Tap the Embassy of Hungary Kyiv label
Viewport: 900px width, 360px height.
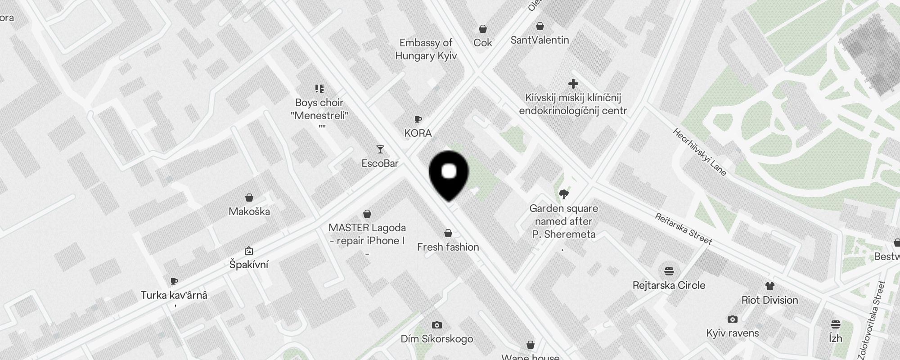click(x=426, y=49)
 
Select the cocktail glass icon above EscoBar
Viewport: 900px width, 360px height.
click(x=380, y=149)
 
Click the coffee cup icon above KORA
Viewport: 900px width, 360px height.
click(x=418, y=120)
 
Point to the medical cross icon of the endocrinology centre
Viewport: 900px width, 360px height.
click(x=573, y=84)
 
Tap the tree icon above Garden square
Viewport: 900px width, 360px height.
click(x=563, y=194)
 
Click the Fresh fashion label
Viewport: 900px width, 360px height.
click(x=448, y=247)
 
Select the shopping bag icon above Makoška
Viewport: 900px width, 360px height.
click(x=249, y=198)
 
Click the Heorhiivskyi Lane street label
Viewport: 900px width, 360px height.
click(x=699, y=152)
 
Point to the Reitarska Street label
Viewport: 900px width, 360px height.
click(x=683, y=229)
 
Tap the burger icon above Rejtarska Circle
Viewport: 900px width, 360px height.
click(x=669, y=271)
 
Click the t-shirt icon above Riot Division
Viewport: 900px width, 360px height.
click(x=769, y=286)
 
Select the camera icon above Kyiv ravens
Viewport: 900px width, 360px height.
click(x=732, y=319)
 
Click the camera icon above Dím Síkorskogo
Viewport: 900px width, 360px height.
click(x=436, y=325)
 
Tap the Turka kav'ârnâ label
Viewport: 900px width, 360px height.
click(x=174, y=295)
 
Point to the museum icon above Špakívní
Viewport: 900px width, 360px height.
click(x=249, y=251)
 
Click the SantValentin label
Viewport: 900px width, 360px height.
click(x=540, y=40)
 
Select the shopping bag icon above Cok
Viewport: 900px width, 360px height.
click(x=482, y=29)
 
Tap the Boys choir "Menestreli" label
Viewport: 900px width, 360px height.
click(x=319, y=109)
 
